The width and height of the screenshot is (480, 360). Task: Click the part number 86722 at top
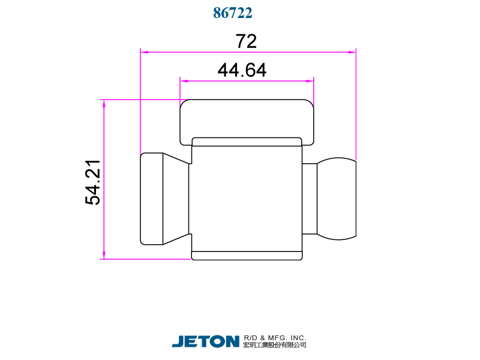232,13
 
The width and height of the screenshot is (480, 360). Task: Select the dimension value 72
246,41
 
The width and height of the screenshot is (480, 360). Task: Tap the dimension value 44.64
242,70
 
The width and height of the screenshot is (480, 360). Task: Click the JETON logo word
205,341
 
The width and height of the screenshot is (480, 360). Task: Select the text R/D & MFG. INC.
275,338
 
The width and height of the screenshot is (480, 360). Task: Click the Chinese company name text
275,346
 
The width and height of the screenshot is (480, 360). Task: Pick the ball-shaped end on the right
337,199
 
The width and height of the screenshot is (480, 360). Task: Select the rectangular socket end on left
151,199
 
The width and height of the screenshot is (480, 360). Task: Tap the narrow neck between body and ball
309,199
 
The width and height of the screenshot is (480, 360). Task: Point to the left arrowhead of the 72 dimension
144,52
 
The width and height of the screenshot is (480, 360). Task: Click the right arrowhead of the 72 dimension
352,52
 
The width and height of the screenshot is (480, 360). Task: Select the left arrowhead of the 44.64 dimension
184,81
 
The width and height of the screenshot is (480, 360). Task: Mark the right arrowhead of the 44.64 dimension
310,81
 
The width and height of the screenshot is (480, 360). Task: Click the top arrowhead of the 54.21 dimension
104,104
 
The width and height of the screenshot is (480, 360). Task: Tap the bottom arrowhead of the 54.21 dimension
104,255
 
